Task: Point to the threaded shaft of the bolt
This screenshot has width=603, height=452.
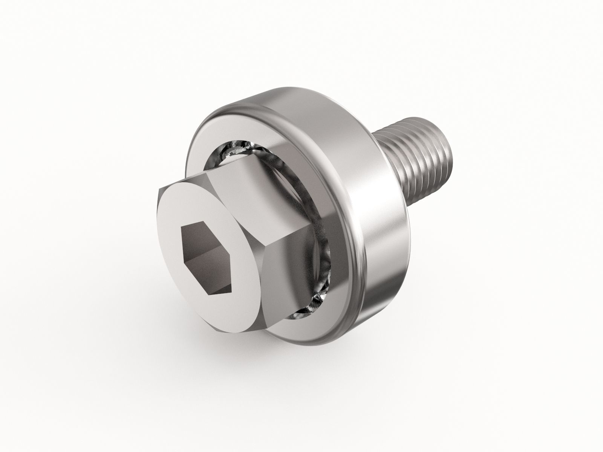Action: pos(422,158)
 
